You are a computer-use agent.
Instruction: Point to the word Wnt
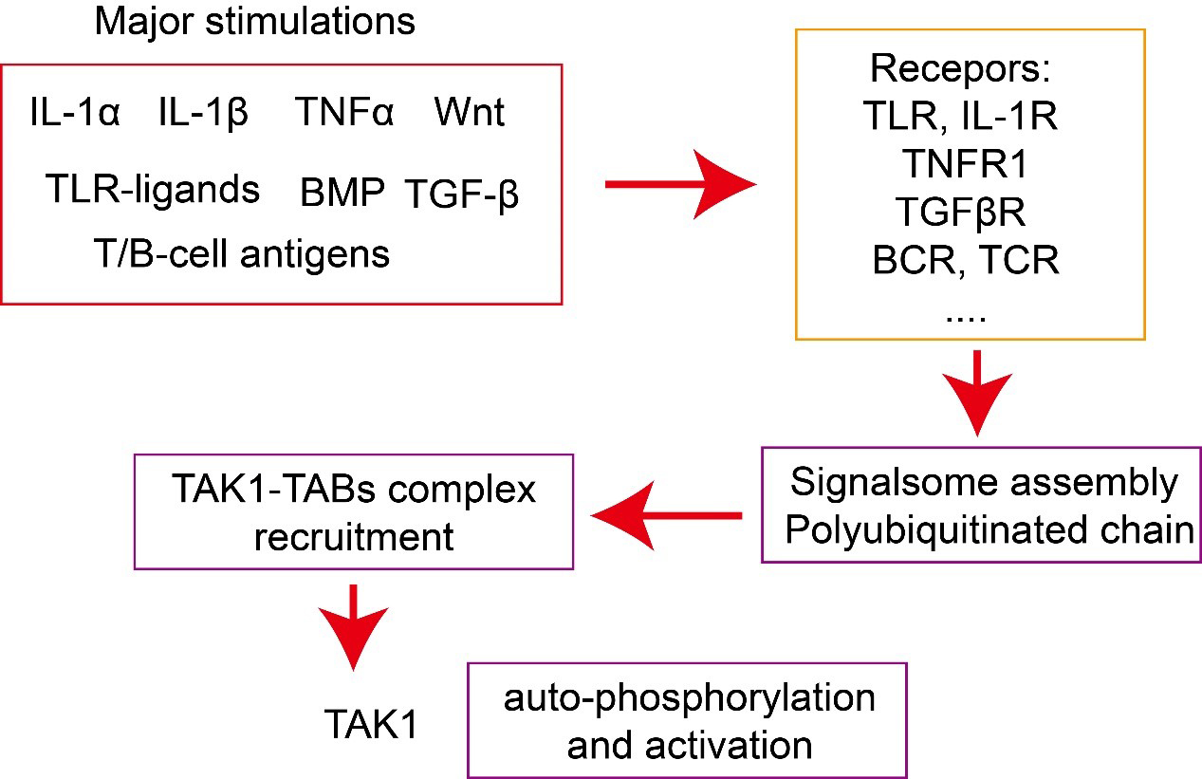click(x=470, y=113)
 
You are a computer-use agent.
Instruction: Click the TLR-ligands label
click(x=153, y=190)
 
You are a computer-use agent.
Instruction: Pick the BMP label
click(x=342, y=194)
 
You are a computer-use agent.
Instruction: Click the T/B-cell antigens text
click(x=241, y=253)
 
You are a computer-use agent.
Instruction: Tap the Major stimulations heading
click(x=254, y=22)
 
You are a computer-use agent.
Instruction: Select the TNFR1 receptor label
click(x=966, y=165)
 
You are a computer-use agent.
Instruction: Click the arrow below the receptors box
click(x=977, y=394)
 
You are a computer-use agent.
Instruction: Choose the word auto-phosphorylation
click(x=690, y=698)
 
